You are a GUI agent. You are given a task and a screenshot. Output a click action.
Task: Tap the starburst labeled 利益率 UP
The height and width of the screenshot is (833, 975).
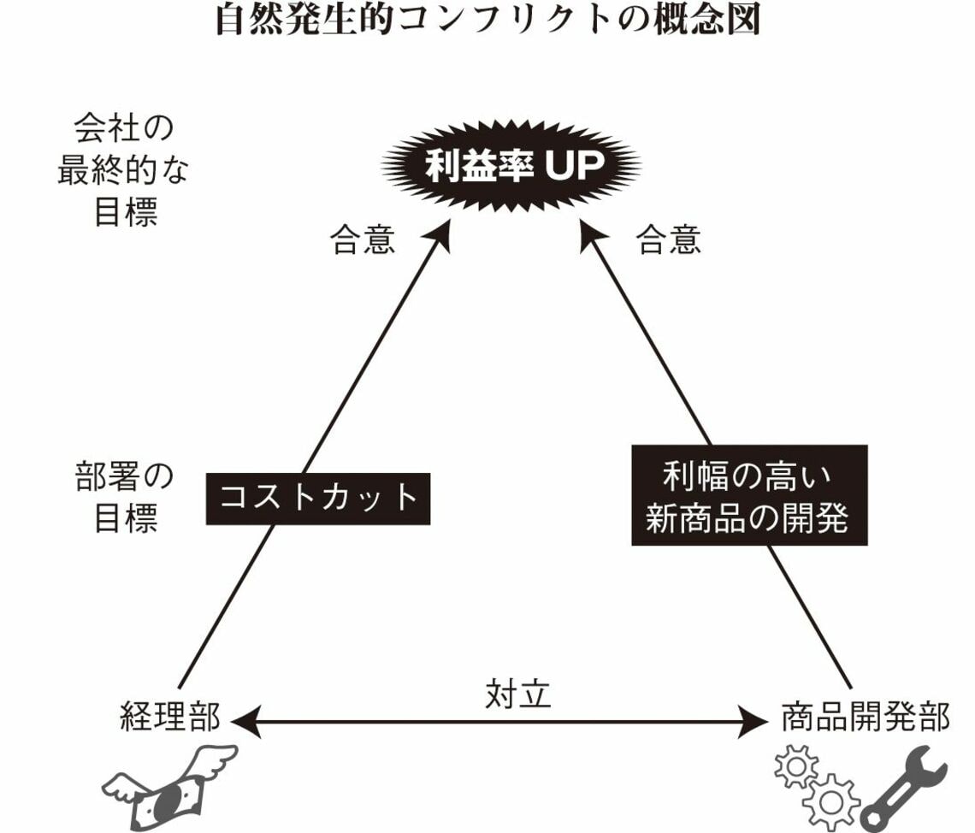click(x=511, y=167)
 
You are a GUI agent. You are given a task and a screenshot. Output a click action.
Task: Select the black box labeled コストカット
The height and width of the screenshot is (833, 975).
click(x=318, y=497)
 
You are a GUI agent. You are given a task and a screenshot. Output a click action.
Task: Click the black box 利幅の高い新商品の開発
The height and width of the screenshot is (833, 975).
click(x=749, y=494)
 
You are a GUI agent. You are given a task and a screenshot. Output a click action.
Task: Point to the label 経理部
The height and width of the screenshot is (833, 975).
click(x=171, y=718)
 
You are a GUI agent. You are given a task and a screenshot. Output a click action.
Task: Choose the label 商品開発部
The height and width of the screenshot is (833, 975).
click(x=865, y=718)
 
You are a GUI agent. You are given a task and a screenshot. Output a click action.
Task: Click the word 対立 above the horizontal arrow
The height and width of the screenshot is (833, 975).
click(x=518, y=694)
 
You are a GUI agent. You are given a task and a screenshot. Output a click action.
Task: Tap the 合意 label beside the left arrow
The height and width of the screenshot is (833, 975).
click(x=363, y=241)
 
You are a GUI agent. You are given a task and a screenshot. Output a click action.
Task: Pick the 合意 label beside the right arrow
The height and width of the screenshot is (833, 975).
click(x=669, y=241)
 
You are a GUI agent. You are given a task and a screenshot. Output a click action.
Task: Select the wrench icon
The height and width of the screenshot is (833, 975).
click(x=905, y=788)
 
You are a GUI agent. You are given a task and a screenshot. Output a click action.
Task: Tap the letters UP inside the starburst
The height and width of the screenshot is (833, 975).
click(x=570, y=167)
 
